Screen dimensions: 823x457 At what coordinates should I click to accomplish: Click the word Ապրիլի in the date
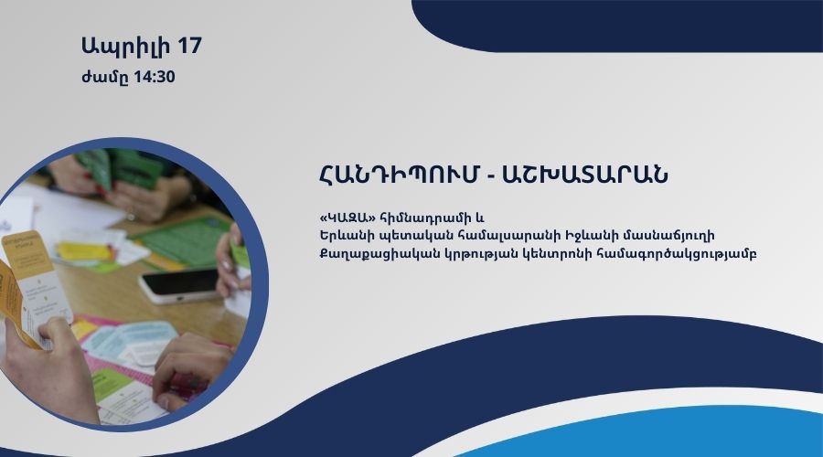click(126, 47)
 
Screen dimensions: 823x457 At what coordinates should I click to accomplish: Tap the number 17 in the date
click(189, 45)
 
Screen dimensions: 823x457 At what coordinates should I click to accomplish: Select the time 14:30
click(155, 77)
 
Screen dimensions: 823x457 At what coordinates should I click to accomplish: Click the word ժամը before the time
click(105, 78)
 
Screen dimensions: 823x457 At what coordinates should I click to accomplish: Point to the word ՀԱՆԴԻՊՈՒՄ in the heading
click(399, 175)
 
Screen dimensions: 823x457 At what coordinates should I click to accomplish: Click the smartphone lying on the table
click(179, 286)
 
